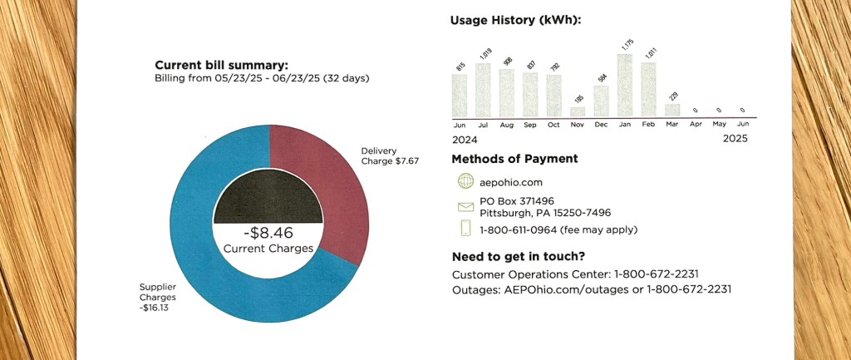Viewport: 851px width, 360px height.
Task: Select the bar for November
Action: (578, 111)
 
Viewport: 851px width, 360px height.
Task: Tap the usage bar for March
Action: (672, 110)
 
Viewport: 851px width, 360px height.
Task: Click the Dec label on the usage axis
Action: (601, 125)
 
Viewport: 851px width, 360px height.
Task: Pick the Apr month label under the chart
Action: (696, 125)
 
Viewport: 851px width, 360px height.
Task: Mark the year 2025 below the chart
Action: (735, 139)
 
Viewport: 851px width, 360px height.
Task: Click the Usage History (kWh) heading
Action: (515, 20)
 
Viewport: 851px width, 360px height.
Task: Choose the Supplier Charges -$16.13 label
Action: (160, 297)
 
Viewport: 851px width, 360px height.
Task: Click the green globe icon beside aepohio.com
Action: (465, 181)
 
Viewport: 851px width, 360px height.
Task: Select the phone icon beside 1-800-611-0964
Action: (465, 229)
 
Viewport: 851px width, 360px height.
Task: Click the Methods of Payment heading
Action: (514, 159)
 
